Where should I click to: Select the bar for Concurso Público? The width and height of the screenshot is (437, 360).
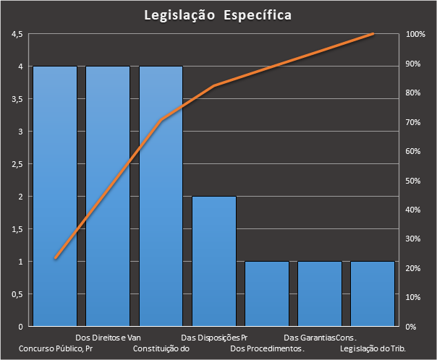pos(55,196)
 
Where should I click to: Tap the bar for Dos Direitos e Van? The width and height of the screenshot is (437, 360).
pos(108,196)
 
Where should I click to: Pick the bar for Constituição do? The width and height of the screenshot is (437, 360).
pos(161,196)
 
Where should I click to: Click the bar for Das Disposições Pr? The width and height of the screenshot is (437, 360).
pos(213,261)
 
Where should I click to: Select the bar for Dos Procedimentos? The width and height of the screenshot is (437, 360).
pos(267,293)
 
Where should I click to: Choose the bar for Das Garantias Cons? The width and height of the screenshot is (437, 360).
pos(320,293)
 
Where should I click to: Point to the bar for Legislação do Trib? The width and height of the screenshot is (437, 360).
pos(373,293)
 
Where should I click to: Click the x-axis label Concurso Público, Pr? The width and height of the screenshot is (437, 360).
pos(56,348)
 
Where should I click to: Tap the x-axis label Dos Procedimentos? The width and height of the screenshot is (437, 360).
pos(267,348)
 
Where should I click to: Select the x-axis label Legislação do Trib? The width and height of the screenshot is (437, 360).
pos(373,348)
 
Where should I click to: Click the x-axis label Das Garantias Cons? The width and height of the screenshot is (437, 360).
pos(320,338)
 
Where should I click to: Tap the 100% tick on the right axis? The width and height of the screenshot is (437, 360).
pos(415,34)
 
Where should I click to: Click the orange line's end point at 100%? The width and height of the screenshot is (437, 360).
pos(373,33)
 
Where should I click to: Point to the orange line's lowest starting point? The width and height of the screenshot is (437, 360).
pos(56,258)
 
